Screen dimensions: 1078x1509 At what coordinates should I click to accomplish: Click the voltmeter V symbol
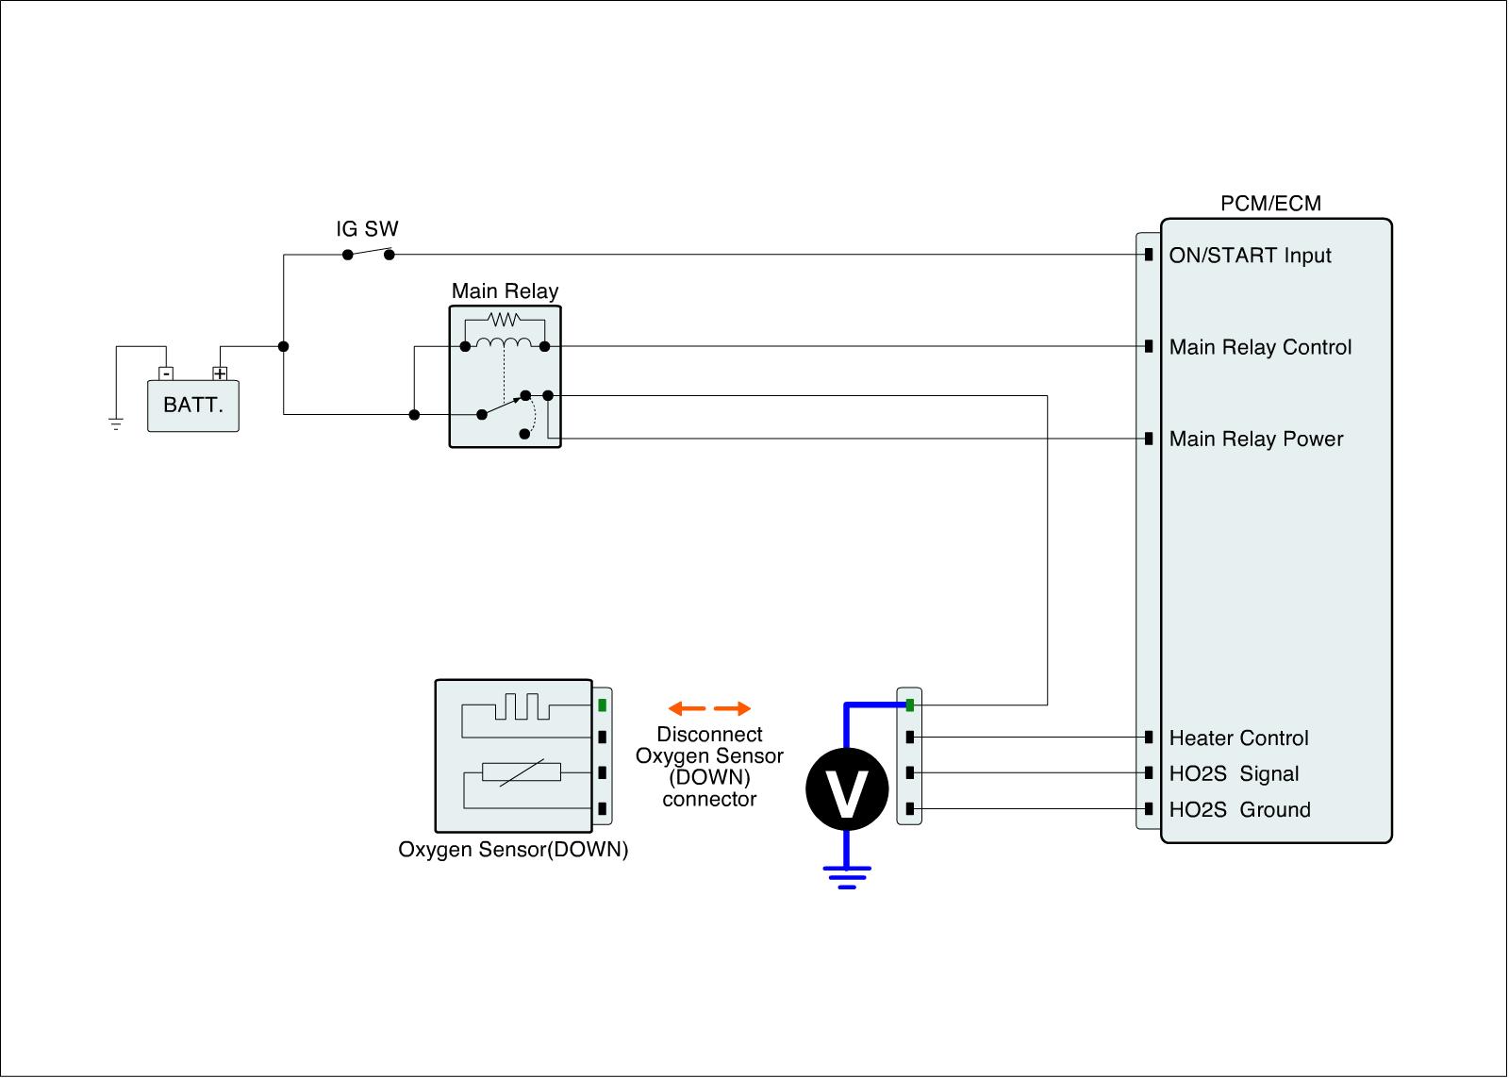coord(847,789)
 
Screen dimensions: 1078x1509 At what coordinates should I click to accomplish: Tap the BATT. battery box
coord(193,406)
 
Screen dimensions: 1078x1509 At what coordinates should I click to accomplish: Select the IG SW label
coord(367,229)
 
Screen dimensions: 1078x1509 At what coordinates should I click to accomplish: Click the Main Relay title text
coord(505,291)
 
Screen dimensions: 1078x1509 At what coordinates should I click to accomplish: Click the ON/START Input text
coord(1250,256)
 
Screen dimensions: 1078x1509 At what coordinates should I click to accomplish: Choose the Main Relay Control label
coord(1260,347)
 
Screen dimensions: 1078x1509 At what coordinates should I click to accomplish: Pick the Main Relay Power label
coord(1256,439)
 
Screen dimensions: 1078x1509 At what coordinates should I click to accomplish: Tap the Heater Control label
coord(1238,738)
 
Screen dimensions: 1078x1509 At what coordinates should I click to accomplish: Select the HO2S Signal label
coord(1234,774)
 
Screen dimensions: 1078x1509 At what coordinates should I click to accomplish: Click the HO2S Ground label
coord(1239,810)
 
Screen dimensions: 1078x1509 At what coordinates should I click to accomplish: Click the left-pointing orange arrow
coord(687,708)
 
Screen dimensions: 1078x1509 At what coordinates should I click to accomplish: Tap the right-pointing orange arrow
coord(733,708)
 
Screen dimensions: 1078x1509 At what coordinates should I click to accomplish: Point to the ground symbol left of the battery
coord(116,423)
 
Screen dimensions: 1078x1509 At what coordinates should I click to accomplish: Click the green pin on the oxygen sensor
coord(602,705)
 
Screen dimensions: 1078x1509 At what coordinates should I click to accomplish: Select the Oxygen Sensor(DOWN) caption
coord(513,850)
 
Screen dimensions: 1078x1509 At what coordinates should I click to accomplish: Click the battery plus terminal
coord(220,373)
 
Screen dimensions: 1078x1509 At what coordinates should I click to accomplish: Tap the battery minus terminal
coord(166,373)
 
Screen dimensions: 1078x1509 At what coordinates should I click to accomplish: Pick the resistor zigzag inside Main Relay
coord(505,320)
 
